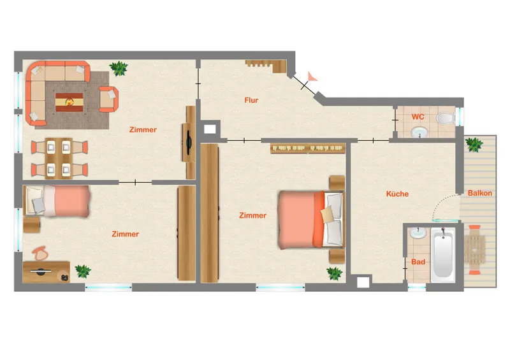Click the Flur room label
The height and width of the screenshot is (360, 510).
(251, 100)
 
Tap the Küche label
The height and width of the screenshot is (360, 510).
(397, 194)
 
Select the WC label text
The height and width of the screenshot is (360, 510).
(418, 117)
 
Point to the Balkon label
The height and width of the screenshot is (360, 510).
(480, 193)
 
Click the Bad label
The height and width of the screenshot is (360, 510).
(418, 262)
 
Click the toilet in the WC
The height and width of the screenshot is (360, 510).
(445, 118)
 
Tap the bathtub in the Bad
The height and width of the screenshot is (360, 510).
(442, 254)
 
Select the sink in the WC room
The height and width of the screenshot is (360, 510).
(419, 132)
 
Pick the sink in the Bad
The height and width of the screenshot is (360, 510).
(418, 233)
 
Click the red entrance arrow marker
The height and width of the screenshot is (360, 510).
(312, 76)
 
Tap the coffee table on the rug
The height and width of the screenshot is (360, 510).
(69, 102)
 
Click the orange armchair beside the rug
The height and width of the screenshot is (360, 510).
(108, 99)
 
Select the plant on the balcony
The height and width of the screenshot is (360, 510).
(474, 144)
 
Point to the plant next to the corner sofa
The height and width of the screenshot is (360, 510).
(119, 68)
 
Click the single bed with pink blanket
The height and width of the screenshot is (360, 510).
(57, 201)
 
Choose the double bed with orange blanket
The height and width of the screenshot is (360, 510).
(310, 220)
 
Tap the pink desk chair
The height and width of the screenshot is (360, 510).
(40, 253)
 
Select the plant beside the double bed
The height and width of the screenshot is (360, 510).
(334, 273)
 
